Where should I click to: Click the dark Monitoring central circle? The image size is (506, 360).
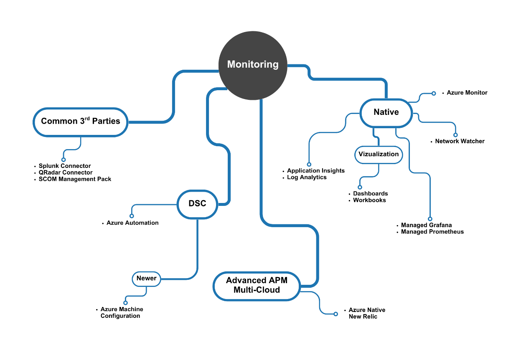(253, 65)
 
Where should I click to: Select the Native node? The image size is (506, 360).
(386, 112)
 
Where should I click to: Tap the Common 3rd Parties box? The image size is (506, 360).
(80, 122)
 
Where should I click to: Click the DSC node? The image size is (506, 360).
(197, 204)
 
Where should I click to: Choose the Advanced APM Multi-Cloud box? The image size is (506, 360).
(257, 286)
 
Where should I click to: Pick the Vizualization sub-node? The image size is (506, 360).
(379, 154)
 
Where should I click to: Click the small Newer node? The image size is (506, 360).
(146, 278)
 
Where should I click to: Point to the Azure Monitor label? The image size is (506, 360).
(467, 93)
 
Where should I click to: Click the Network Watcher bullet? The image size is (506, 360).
(460, 141)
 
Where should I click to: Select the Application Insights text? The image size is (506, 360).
(315, 171)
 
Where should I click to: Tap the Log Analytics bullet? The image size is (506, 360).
(307, 177)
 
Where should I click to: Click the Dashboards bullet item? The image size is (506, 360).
(370, 194)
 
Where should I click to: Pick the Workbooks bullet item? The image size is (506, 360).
(369, 200)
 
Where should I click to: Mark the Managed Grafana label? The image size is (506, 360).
(426, 225)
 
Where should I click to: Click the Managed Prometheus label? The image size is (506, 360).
(432, 232)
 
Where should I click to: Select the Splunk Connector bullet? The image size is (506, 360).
(64, 166)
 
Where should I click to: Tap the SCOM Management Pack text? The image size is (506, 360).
(75, 179)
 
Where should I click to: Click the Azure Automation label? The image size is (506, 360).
(132, 223)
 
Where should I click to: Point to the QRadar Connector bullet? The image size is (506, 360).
(65, 172)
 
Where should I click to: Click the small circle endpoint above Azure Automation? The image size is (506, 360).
(132, 216)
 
